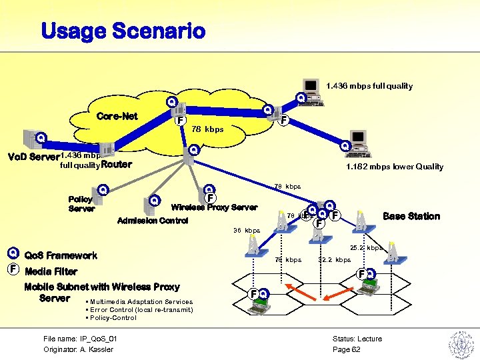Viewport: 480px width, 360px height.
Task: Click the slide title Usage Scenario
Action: tap(123, 31)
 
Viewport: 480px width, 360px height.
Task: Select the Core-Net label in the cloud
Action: tap(117, 116)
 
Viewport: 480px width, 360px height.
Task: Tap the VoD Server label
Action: tap(30, 158)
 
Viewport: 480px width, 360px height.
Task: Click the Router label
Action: tap(117, 164)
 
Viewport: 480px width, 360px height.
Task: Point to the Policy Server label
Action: tap(81, 204)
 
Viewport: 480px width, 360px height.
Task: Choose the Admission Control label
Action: tap(153, 221)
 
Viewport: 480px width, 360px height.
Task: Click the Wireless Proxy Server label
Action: tap(214, 207)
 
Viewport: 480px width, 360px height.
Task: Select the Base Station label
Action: tap(411, 216)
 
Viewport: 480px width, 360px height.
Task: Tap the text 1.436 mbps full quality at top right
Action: tap(369, 85)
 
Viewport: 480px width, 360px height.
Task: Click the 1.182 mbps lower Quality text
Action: tap(393, 167)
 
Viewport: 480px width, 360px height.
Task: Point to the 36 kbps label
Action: tap(247, 231)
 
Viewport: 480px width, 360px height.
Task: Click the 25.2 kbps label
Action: tap(367, 248)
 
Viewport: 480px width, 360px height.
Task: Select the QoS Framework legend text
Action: tap(61, 255)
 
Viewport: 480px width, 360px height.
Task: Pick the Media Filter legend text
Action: tap(51, 271)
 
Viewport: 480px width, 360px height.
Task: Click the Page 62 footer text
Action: tap(346, 349)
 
